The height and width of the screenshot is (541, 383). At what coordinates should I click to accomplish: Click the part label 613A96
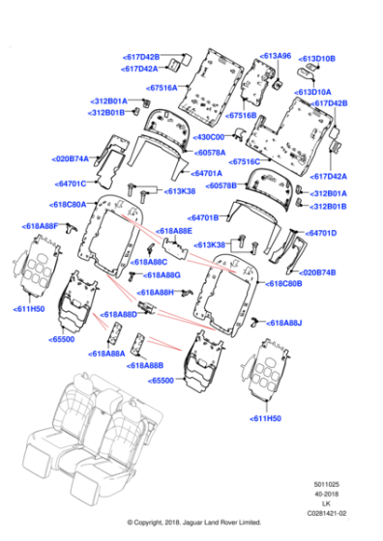coord(277,56)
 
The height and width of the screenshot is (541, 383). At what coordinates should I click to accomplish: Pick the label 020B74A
coord(71,157)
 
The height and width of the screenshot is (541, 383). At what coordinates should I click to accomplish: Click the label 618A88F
coord(42,225)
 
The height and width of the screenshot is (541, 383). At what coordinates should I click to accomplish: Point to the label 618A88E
coord(174,231)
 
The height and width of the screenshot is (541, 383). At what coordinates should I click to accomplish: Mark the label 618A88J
coord(284,323)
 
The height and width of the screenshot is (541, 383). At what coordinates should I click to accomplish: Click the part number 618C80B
coord(286,284)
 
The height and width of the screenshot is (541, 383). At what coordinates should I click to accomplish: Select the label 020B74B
coord(320,272)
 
